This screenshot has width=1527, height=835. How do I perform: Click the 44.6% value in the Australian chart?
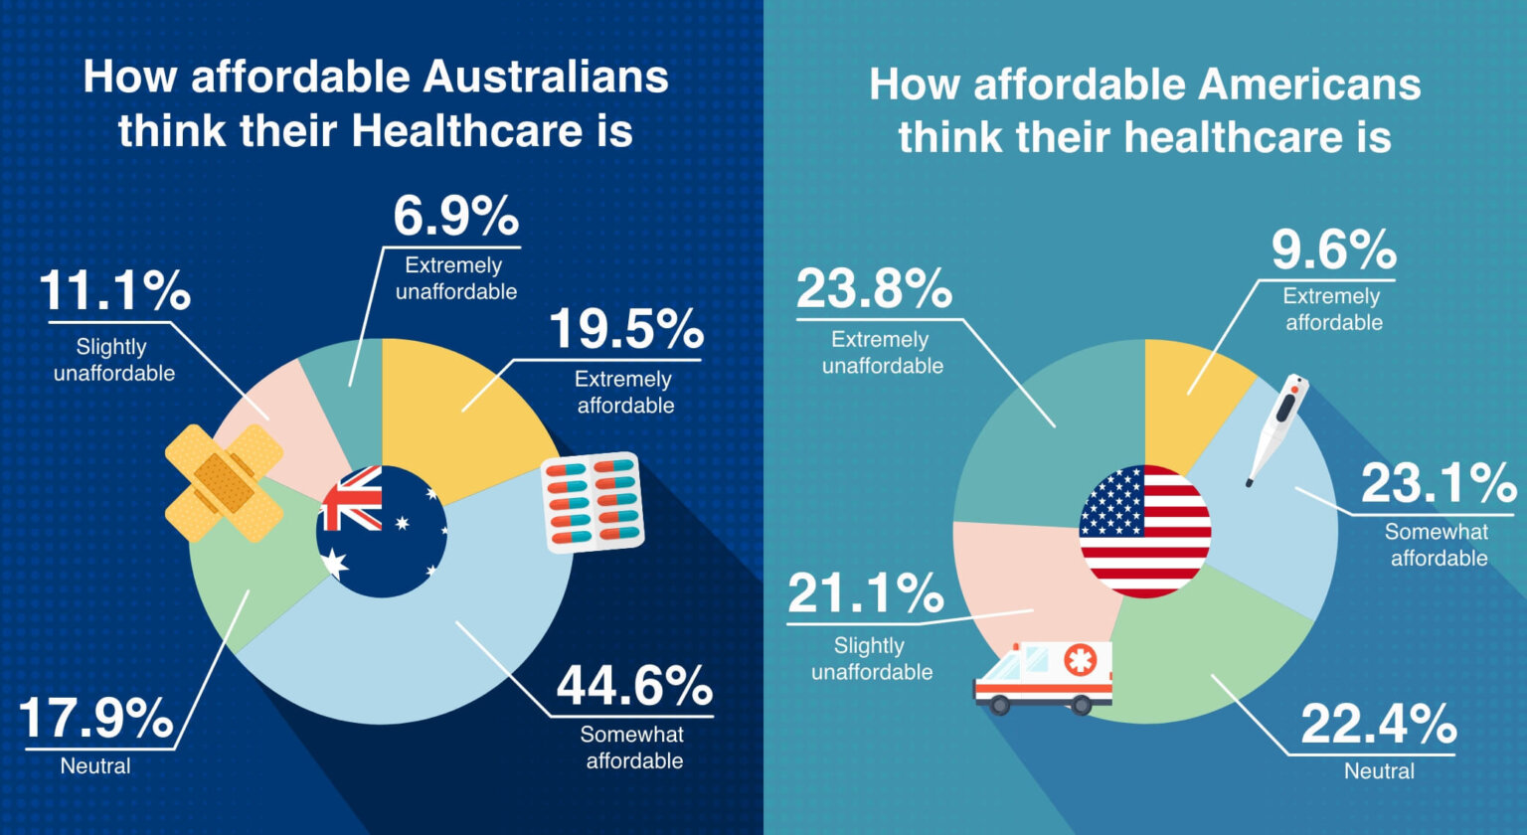tap(633, 686)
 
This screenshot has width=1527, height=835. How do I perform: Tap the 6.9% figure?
tap(455, 216)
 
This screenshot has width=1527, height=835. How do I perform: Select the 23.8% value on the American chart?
tap(874, 289)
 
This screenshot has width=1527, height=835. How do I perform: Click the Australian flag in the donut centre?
tap(382, 531)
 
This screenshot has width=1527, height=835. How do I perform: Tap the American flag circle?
tap(1144, 531)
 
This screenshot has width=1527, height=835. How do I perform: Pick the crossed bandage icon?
tap(225, 483)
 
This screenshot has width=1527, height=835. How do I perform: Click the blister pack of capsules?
tap(593, 502)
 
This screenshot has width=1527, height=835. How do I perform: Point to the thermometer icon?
tap(1276, 427)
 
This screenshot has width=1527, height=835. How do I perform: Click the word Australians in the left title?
tap(546, 78)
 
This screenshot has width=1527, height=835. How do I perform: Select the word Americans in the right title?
tap(1308, 84)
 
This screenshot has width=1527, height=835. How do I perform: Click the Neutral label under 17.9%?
tap(95, 766)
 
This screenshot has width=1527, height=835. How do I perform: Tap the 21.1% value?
tap(865, 593)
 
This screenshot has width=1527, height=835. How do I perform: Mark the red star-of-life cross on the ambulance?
tap(1079, 659)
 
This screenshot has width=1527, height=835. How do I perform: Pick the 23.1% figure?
tap(1438, 485)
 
